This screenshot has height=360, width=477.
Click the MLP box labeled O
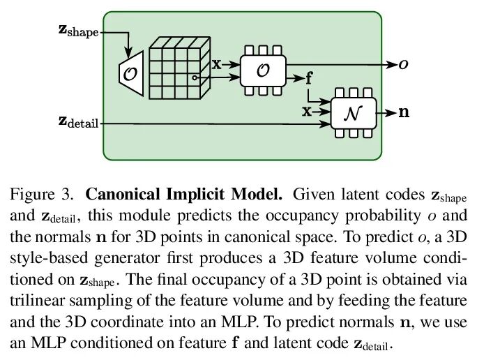click(x=262, y=70)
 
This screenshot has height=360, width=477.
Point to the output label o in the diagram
click(x=403, y=65)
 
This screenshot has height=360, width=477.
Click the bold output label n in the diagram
click(x=403, y=112)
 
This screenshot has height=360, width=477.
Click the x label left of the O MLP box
click(x=216, y=65)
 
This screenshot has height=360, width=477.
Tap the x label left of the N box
click(x=307, y=112)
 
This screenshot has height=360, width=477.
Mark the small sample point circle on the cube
click(x=196, y=77)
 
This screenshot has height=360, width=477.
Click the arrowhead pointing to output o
click(x=393, y=65)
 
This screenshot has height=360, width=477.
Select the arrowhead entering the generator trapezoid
click(x=130, y=52)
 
